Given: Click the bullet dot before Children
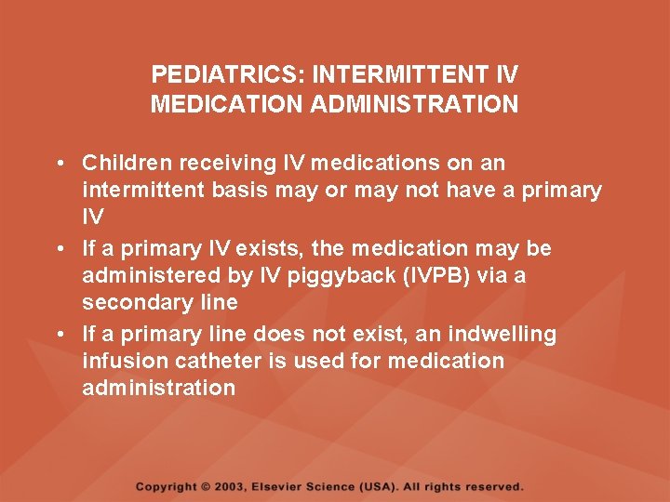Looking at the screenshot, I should (x=59, y=165).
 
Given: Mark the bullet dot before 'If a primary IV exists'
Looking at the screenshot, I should (x=59, y=250).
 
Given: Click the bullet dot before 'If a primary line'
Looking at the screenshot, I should (x=59, y=335).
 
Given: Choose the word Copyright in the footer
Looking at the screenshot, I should (x=166, y=486).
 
